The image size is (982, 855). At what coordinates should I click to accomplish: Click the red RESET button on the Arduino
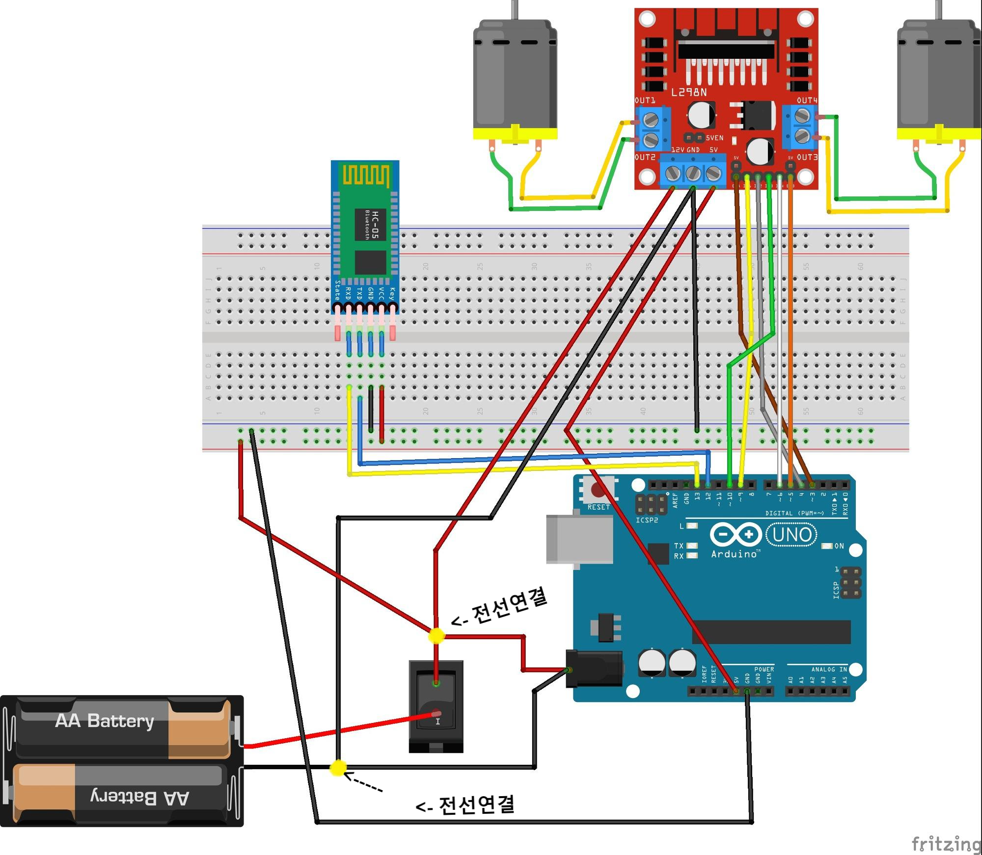(598, 490)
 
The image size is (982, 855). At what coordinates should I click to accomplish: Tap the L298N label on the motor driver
(689, 92)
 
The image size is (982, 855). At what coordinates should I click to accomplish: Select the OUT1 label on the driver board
(645, 101)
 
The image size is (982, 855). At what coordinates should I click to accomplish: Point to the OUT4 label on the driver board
(807, 101)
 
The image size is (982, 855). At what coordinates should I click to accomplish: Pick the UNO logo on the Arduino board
(791, 534)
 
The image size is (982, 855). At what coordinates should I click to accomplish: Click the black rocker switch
(436, 706)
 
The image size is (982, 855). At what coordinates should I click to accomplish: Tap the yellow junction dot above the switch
(436, 636)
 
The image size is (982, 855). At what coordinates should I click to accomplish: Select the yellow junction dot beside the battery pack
(338, 768)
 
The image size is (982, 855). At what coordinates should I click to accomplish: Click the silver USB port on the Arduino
(579, 539)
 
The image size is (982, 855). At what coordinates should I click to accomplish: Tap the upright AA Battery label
(105, 721)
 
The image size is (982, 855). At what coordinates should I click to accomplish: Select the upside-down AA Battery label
(139, 797)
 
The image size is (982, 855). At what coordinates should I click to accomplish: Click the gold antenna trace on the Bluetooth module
(366, 176)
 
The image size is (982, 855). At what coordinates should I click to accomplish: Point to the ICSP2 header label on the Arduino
(647, 520)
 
